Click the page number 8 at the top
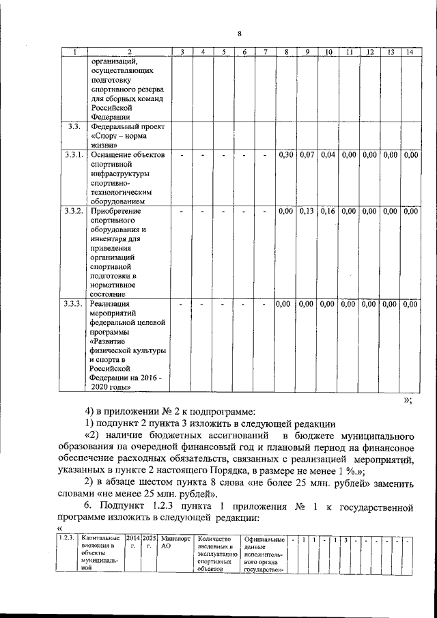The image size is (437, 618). click(239, 34)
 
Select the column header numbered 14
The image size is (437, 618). click(409, 52)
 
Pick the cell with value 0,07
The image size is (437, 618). click(307, 155)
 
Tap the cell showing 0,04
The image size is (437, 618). click(328, 155)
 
